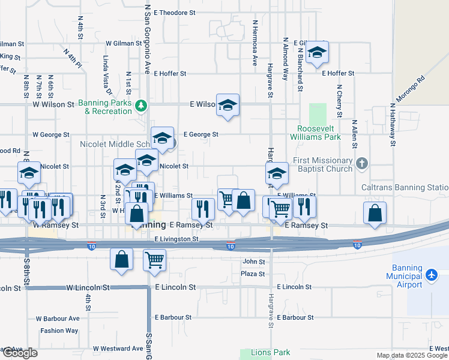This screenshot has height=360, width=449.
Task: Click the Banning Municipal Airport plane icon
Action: click(x=432, y=275)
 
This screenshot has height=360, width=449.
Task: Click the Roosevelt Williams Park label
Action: click(x=319, y=133)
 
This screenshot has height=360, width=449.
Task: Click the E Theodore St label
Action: click(x=175, y=12)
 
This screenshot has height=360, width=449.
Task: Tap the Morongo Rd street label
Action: click(x=409, y=89)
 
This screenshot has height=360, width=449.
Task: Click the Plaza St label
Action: click(x=253, y=274)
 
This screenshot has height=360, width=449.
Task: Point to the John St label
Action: click(x=253, y=262)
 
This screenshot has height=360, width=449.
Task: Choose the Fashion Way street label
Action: click(x=59, y=331)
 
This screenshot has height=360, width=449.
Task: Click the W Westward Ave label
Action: click(x=118, y=349)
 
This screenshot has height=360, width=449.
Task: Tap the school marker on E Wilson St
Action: click(x=228, y=106)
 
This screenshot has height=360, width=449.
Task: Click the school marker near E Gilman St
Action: click(x=318, y=53)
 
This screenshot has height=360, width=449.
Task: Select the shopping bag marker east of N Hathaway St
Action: click(x=375, y=214)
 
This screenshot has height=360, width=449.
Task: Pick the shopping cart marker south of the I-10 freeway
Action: click(x=154, y=260)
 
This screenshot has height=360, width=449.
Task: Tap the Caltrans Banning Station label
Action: click(x=405, y=188)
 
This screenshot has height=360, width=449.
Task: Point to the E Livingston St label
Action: click(x=176, y=239)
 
